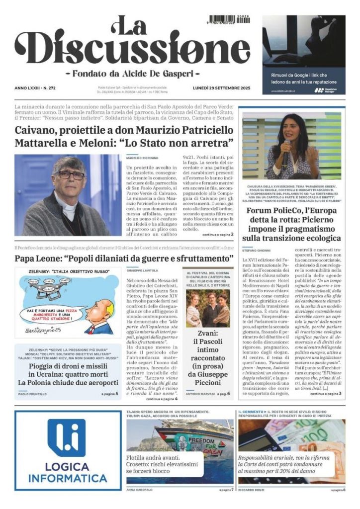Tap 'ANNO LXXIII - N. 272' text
36,88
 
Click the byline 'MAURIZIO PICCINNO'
141,158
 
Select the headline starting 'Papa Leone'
124,259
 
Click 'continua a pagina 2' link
217,234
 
